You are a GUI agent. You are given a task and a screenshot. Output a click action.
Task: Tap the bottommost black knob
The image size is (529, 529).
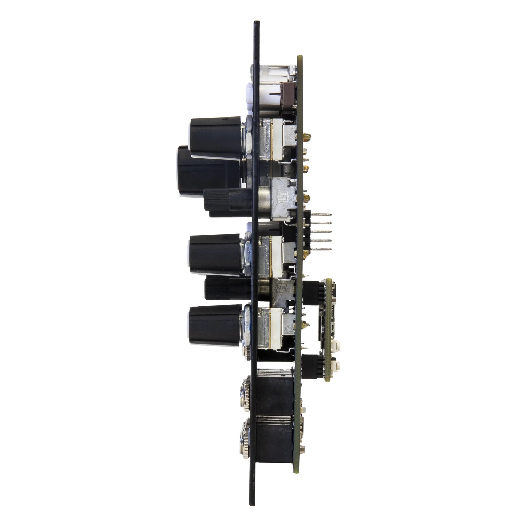(x=215, y=326)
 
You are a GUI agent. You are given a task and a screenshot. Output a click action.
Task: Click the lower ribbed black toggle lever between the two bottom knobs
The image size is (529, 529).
(x=227, y=289)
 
